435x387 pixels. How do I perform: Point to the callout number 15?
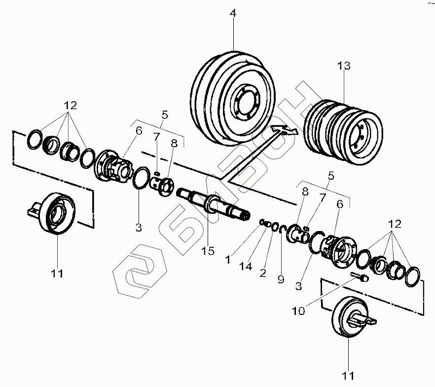coord(208,251)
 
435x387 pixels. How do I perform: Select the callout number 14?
coord(246,267)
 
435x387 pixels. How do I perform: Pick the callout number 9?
coord(281,280)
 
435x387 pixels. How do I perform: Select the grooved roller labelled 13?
coord(344,129)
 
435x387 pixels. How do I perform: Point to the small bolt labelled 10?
coord(359,277)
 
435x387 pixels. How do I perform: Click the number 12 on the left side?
coord(70,105)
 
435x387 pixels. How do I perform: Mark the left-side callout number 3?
coord(139,228)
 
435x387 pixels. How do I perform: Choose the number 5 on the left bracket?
coord(165,114)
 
